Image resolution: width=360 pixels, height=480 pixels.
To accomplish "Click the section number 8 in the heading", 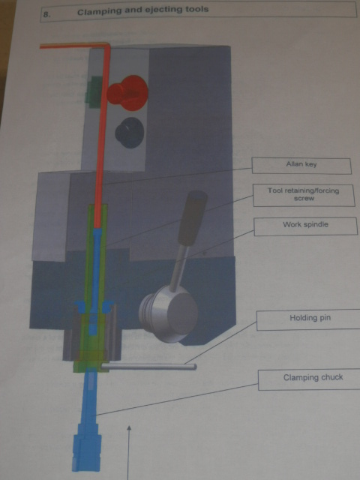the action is (46, 14).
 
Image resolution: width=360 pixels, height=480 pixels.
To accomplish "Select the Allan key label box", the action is (301, 166).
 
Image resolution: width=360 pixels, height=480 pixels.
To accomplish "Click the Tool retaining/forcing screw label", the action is (304, 195).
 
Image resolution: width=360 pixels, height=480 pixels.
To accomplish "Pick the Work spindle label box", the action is (305, 226).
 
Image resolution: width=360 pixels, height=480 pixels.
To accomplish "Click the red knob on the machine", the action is (128, 93).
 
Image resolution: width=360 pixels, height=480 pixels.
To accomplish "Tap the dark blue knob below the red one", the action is (130, 133).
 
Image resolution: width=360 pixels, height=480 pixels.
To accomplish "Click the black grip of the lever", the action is (192, 218).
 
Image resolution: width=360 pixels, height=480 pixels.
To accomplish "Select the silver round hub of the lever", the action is (169, 313).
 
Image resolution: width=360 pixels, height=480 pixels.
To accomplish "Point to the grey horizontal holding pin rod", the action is (148, 366).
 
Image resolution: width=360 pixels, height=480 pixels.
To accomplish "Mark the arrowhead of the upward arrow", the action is (129, 428).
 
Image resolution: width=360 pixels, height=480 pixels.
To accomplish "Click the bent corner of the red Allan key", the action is (106, 46).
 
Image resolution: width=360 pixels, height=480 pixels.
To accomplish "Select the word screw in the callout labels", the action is (304, 198).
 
